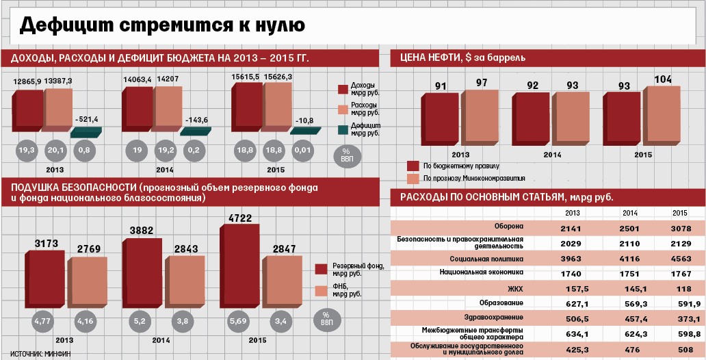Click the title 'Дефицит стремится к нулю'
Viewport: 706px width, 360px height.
(162, 25)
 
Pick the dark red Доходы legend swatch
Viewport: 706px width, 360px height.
(343, 89)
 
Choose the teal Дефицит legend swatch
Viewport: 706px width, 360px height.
(343, 129)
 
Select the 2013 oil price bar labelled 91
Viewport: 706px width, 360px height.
(440, 120)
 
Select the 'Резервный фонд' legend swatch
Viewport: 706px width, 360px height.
(321, 268)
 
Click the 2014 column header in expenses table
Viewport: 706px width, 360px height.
(630, 213)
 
